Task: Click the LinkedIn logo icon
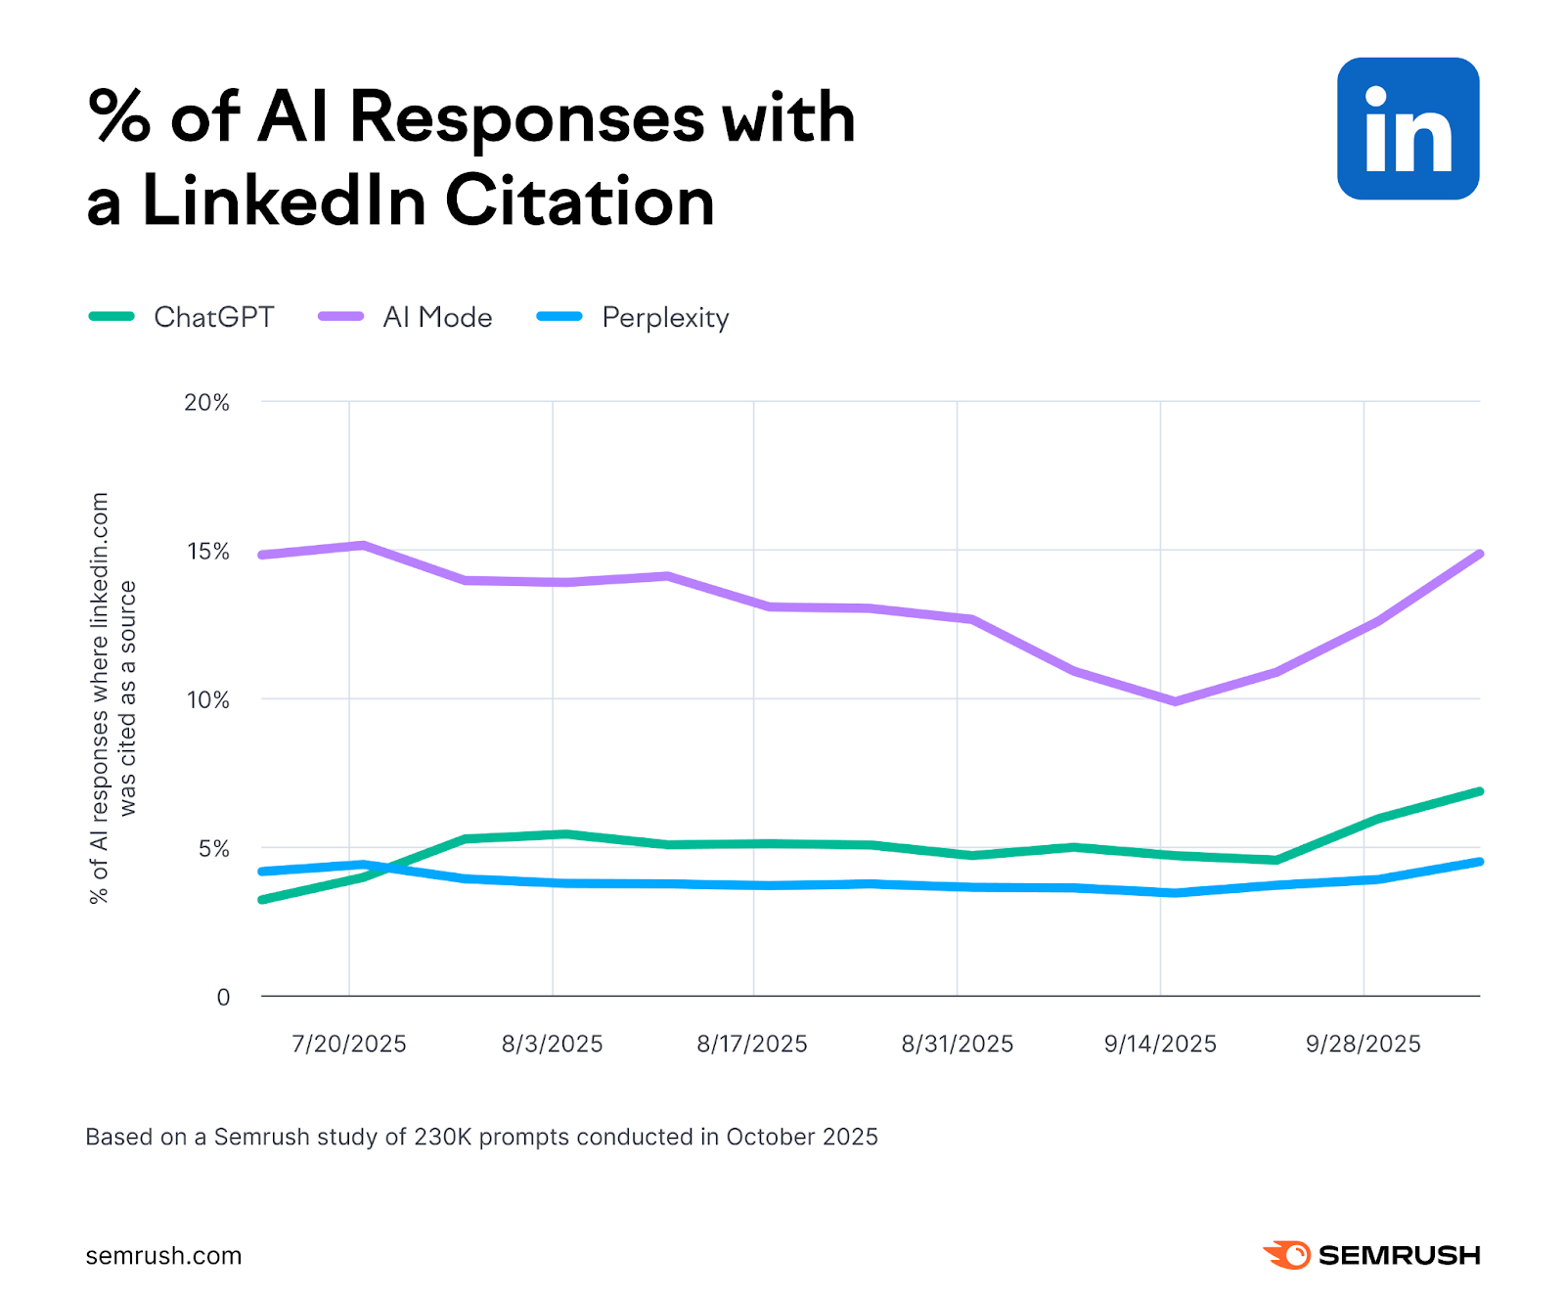tap(1408, 128)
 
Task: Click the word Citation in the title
tap(580, 201)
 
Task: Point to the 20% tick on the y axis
tap(206, 403)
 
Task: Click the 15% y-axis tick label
tap(207, 552)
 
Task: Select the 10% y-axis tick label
tap(207, 700)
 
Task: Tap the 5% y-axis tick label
tap(213, 849)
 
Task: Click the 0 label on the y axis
tap(223, 998)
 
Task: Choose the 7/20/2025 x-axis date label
tap(348, 1044)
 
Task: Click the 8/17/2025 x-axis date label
tap(751, 1044)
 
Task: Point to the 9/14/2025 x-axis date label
tap(1160, 1044)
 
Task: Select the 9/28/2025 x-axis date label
tap(1363, 1044)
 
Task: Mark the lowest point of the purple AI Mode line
tap(1174, 701)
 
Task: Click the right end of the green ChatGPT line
tap(1479, 791)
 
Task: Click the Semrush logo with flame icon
tap(1371, 1255)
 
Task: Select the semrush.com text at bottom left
tap(163, 1256)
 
